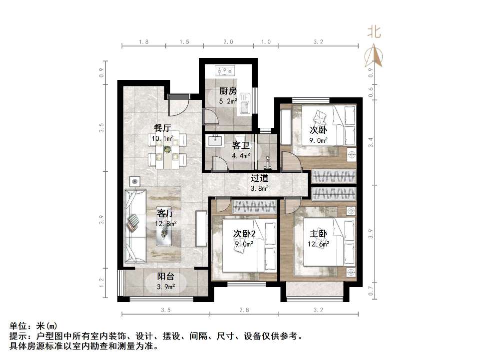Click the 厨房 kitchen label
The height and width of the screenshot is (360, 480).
point(228,91)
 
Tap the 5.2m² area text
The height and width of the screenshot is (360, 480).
point(228,101)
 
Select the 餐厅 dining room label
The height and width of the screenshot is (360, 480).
point(163,128)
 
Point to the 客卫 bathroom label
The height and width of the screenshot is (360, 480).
point(240,145)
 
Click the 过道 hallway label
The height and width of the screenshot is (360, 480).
point(260,178)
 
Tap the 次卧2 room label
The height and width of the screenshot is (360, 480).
point(244,234)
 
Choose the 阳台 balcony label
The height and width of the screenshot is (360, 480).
point(166,277)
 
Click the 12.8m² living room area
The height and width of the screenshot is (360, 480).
point(166,223)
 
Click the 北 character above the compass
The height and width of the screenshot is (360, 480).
point(374,32)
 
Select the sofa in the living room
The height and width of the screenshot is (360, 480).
point(135,226)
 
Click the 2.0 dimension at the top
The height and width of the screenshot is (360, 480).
point(228,42)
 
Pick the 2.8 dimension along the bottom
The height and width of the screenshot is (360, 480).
point(244,310)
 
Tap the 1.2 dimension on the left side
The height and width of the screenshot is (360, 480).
point(101,284)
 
